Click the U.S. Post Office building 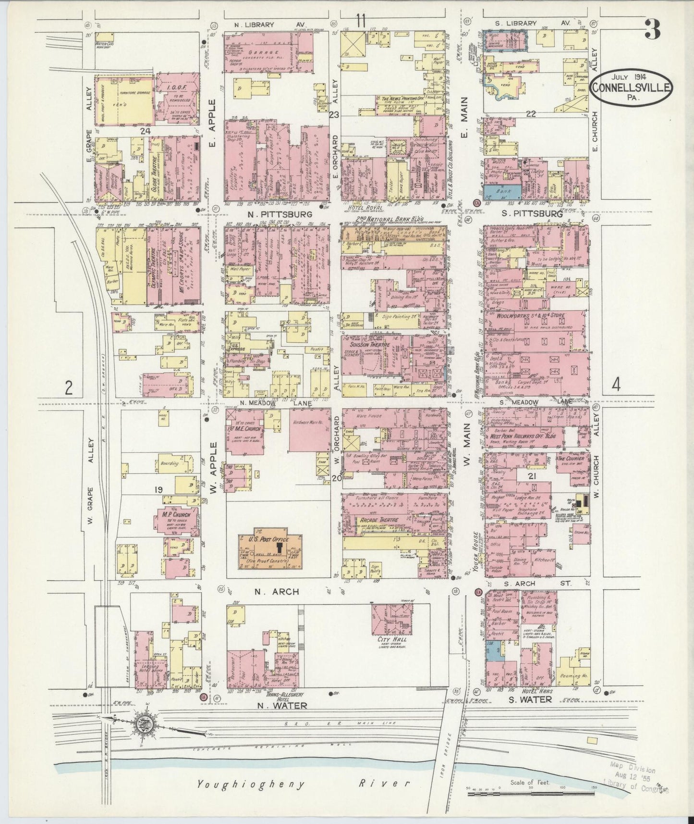click(268, 549)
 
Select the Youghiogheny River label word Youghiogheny click(251, 785)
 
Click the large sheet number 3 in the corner click(652, 30)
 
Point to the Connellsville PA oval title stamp click(632, 87)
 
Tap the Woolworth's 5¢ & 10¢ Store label click(534, 315)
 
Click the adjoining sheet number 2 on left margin click(70, 387)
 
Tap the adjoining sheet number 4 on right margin click(616, 385)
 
